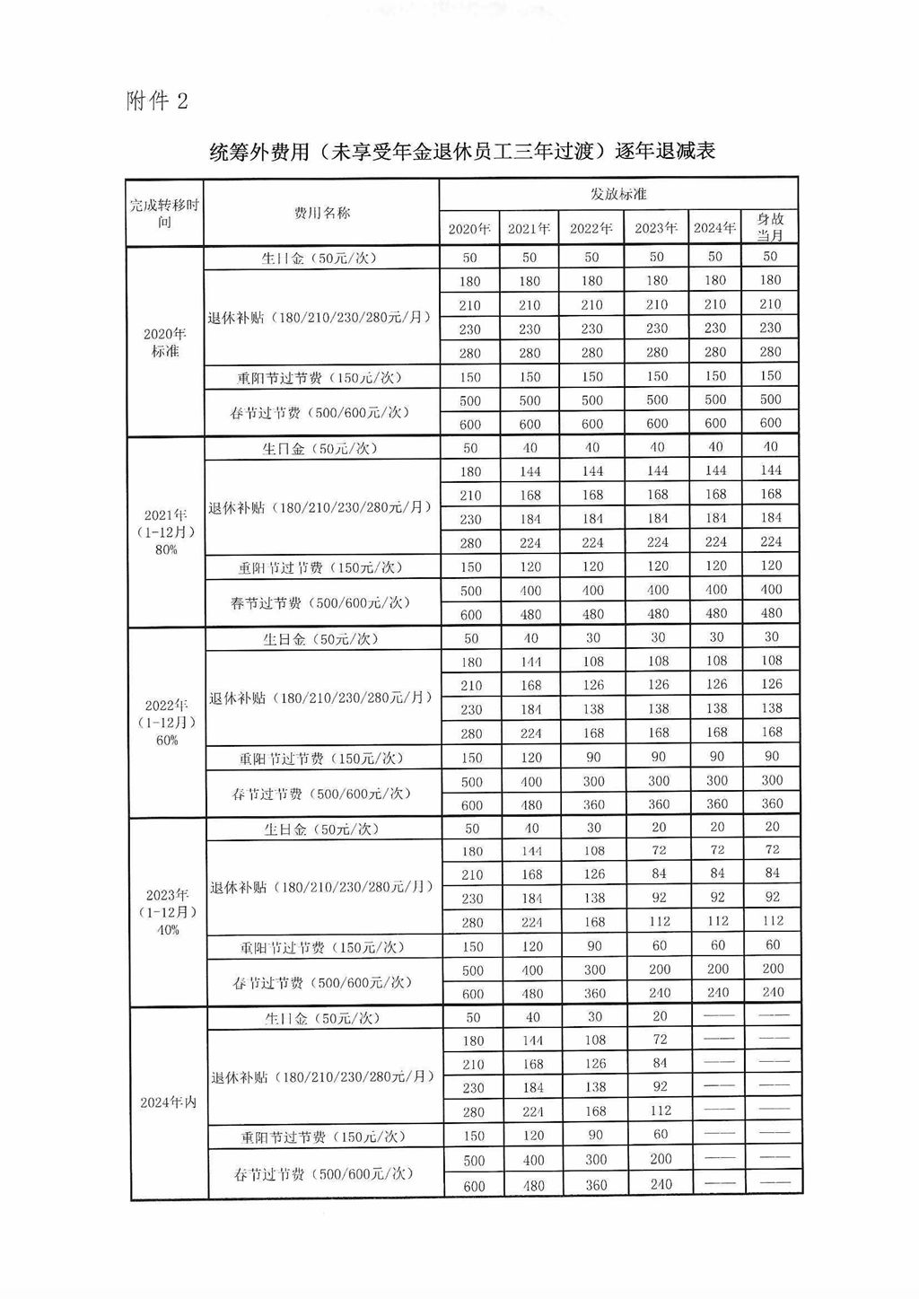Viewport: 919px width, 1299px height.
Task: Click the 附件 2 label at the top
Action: coord(157,101)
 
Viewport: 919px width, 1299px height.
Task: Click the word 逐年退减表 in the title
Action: coord(665,151)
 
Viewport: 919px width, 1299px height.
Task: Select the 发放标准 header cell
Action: coord(618,194)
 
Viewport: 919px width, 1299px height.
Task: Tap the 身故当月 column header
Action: coord(770,227)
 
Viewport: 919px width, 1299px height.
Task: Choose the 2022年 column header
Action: coord(591,228)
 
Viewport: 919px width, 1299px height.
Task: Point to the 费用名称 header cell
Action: coord(322,213)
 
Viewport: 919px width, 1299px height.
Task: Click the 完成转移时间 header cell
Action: coord(164,213)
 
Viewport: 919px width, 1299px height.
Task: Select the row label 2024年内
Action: coord(168,1102)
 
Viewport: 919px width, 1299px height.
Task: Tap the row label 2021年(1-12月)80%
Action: coord(166,532)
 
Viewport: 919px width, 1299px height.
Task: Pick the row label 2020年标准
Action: coord(165,342)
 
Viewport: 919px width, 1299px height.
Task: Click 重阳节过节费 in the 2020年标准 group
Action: coord(319,378)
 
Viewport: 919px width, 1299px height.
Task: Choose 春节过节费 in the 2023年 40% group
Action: coord(323,982)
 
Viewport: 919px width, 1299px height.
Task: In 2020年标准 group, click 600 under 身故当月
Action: coord(771,423)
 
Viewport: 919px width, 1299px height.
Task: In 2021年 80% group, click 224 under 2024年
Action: coord(715,542)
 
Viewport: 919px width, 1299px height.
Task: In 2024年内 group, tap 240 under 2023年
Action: coord(661,1184)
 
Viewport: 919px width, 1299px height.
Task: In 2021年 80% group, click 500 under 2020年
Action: coord(471,591)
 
